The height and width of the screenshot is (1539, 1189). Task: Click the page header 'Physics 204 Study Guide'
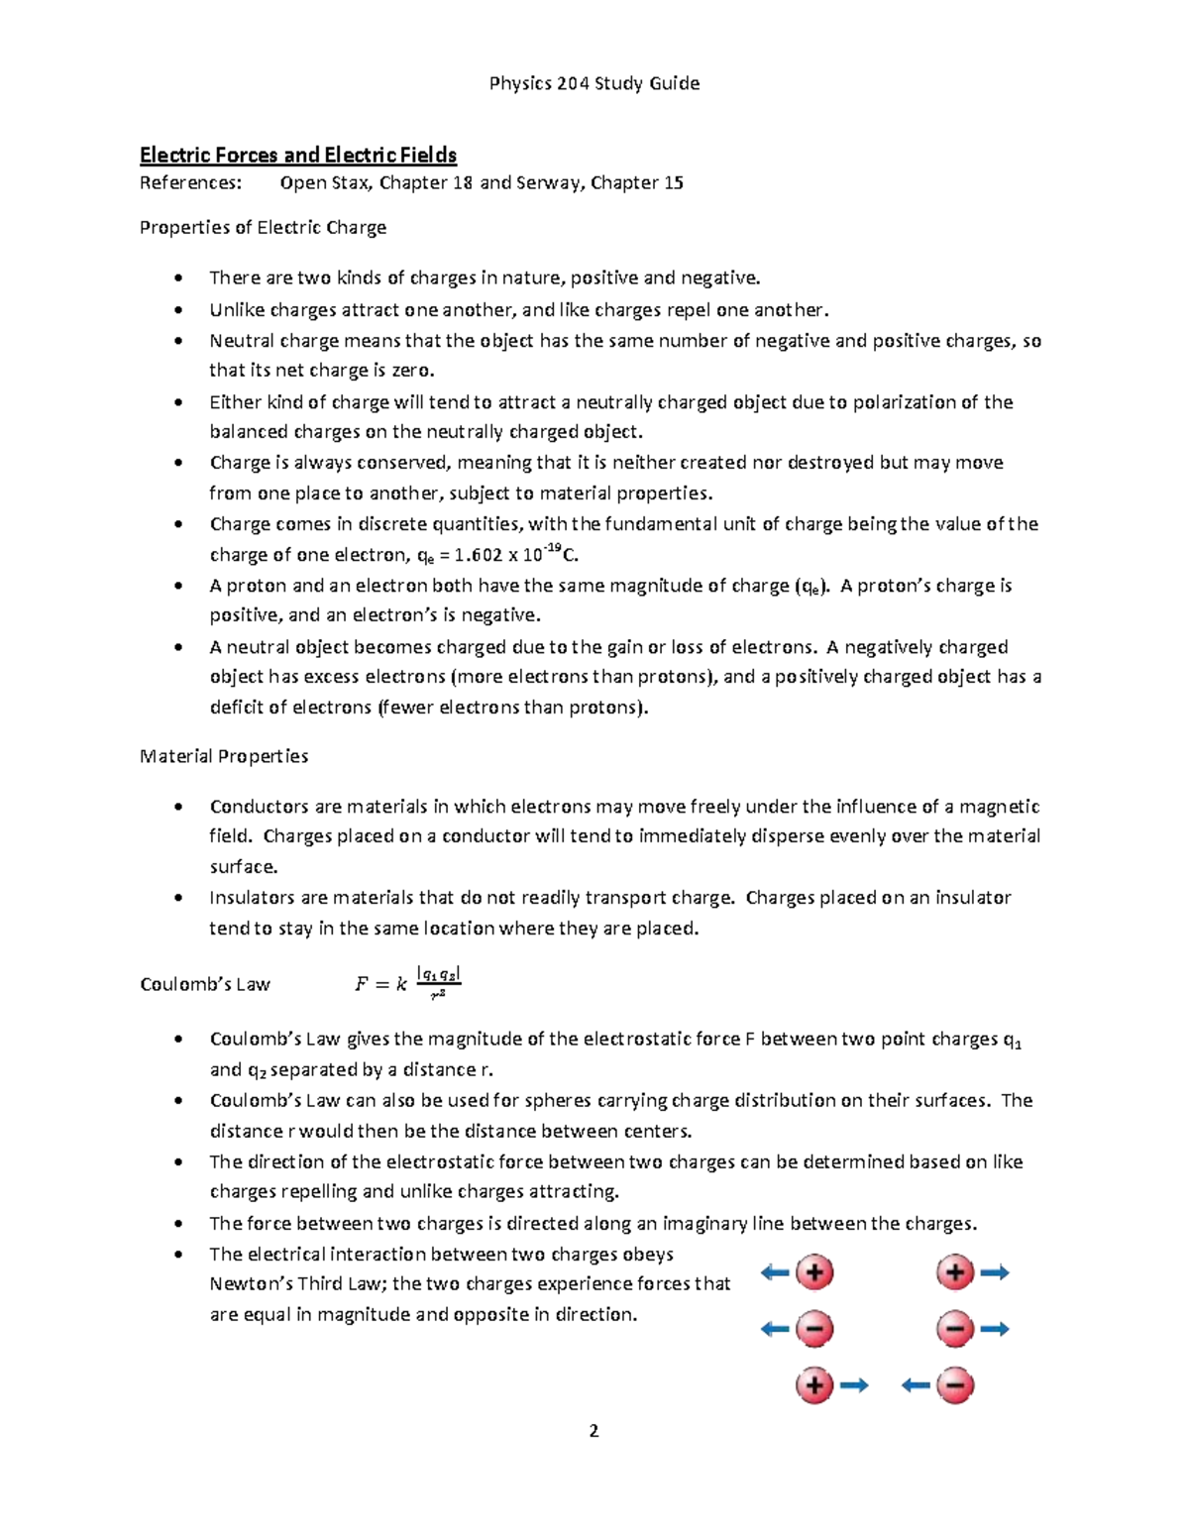click(594, 83)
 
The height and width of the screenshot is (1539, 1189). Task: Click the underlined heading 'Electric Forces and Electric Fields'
click(298, 155)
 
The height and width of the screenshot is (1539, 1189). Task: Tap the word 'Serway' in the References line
click(548, 182)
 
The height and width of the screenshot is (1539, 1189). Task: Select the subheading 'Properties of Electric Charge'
click(263, 227)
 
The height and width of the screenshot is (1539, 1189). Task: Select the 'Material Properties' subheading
click(224, 756)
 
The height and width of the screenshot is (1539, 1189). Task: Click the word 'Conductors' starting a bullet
click(257, 807)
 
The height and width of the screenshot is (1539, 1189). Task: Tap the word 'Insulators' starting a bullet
click(252, 898)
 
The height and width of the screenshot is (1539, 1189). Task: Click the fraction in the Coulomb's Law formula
click(438, 983)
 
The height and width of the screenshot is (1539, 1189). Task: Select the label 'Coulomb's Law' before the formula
click(205, 984)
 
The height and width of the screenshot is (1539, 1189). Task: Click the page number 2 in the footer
click(594, 1431)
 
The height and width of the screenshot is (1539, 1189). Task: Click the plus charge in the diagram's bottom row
click(814, 1385)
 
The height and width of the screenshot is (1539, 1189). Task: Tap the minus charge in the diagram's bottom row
click(955, 1385)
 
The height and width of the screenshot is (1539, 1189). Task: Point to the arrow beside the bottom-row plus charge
click(854, 1385)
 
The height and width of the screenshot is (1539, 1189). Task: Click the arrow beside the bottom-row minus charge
click(916, 1385)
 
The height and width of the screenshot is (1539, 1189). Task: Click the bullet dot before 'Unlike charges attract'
click(178, 310)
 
